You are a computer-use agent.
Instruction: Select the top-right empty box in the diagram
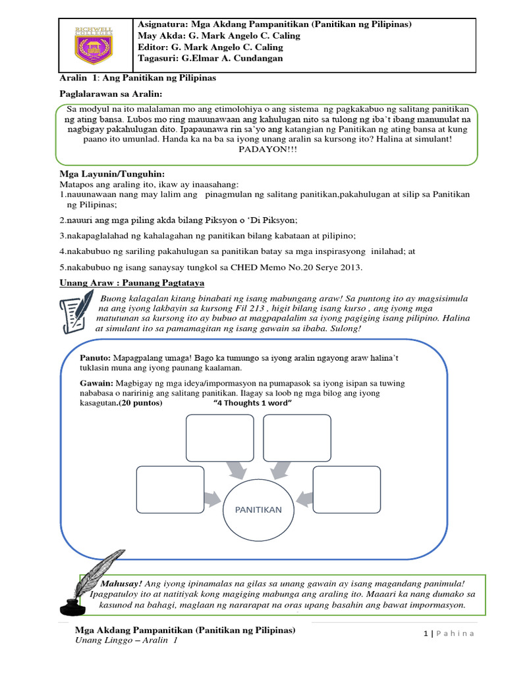pos(297,438)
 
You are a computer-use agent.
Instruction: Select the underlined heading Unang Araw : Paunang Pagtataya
pos(132,282)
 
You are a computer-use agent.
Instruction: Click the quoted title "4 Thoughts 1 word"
pos(252,403)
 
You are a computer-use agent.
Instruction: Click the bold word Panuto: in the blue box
pos(94,357)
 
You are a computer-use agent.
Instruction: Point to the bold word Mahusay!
pos(121,584)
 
